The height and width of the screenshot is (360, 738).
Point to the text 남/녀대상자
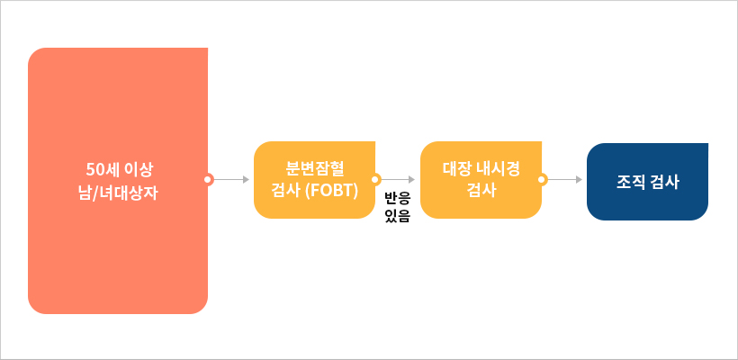pyautogui.click(x=118, y=191)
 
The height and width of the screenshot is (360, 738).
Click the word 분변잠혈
pyautogui.click(x=314, y=169)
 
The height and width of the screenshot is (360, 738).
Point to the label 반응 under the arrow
pyautogui.click(x=397, y=197)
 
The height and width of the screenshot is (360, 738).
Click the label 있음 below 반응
pyautogui.click(x=397, y=216)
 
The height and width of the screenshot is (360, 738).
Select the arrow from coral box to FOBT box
pyautogui.click(x=230, y=179)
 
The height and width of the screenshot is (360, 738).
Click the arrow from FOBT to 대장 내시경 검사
pyautogui.click(x=397, y=179)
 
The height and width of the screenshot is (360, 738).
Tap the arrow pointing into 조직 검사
pyautogui.click(x=564, y=179)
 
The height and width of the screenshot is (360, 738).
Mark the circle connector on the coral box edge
pyautogui.click(x=208, y=179)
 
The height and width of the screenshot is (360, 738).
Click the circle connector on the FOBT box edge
pyautogui.click(x=375, y=179)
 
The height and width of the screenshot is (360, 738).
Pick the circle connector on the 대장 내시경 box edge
pyautogui.click(x=542, y=179)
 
